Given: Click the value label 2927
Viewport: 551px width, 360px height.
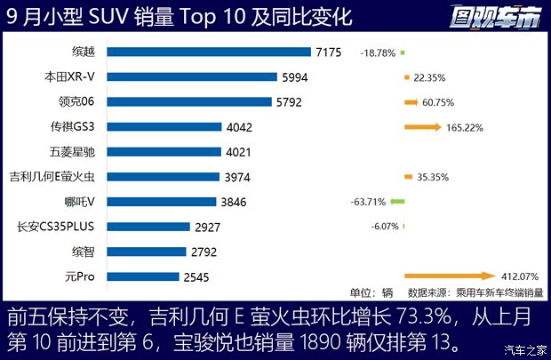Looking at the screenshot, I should click(208, 227).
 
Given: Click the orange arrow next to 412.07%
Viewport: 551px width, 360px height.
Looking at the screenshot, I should click(449, 276).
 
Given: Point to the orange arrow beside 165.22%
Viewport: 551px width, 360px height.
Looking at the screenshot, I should click(422, 127).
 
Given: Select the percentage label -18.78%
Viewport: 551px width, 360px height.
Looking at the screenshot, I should click(378, 53).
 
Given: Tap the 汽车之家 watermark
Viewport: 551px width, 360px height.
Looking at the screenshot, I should click(519, 348).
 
